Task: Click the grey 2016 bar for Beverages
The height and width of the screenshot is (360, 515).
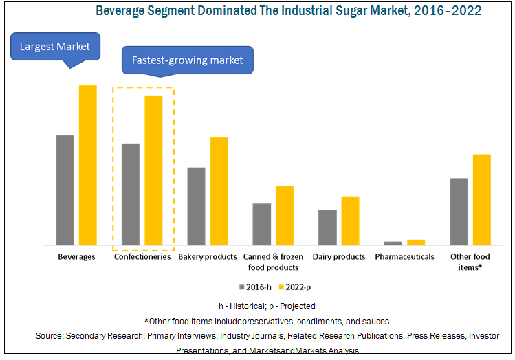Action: [65, 190]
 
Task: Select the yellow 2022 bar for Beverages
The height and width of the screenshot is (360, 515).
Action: [87, 165]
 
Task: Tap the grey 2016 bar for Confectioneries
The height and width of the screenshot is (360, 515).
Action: [130, 194]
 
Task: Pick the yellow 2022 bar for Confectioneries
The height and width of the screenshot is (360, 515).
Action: [153, 170]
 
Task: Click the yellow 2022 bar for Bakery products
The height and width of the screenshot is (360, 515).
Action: [219, 191]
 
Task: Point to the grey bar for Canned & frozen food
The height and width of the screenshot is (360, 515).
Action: [261, 224]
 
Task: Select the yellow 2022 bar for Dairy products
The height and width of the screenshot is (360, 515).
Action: [350, 221]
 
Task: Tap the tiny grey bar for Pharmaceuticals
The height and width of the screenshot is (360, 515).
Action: [393, 243]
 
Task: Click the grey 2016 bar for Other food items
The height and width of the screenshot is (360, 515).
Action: [459, 212]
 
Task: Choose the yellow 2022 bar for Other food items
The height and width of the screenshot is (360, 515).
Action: [481, 199]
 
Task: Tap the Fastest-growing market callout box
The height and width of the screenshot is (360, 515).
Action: [188, 60]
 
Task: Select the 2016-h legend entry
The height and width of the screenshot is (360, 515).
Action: [256, 286]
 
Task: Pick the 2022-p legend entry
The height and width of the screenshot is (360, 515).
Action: [302, 286]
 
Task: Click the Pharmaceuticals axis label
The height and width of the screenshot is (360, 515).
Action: [404, 257]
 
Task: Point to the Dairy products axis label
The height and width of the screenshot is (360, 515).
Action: [339, 257]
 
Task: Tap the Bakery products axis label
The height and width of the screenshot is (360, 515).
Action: [208, 257]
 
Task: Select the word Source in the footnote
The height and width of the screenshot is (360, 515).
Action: [51, 336]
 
